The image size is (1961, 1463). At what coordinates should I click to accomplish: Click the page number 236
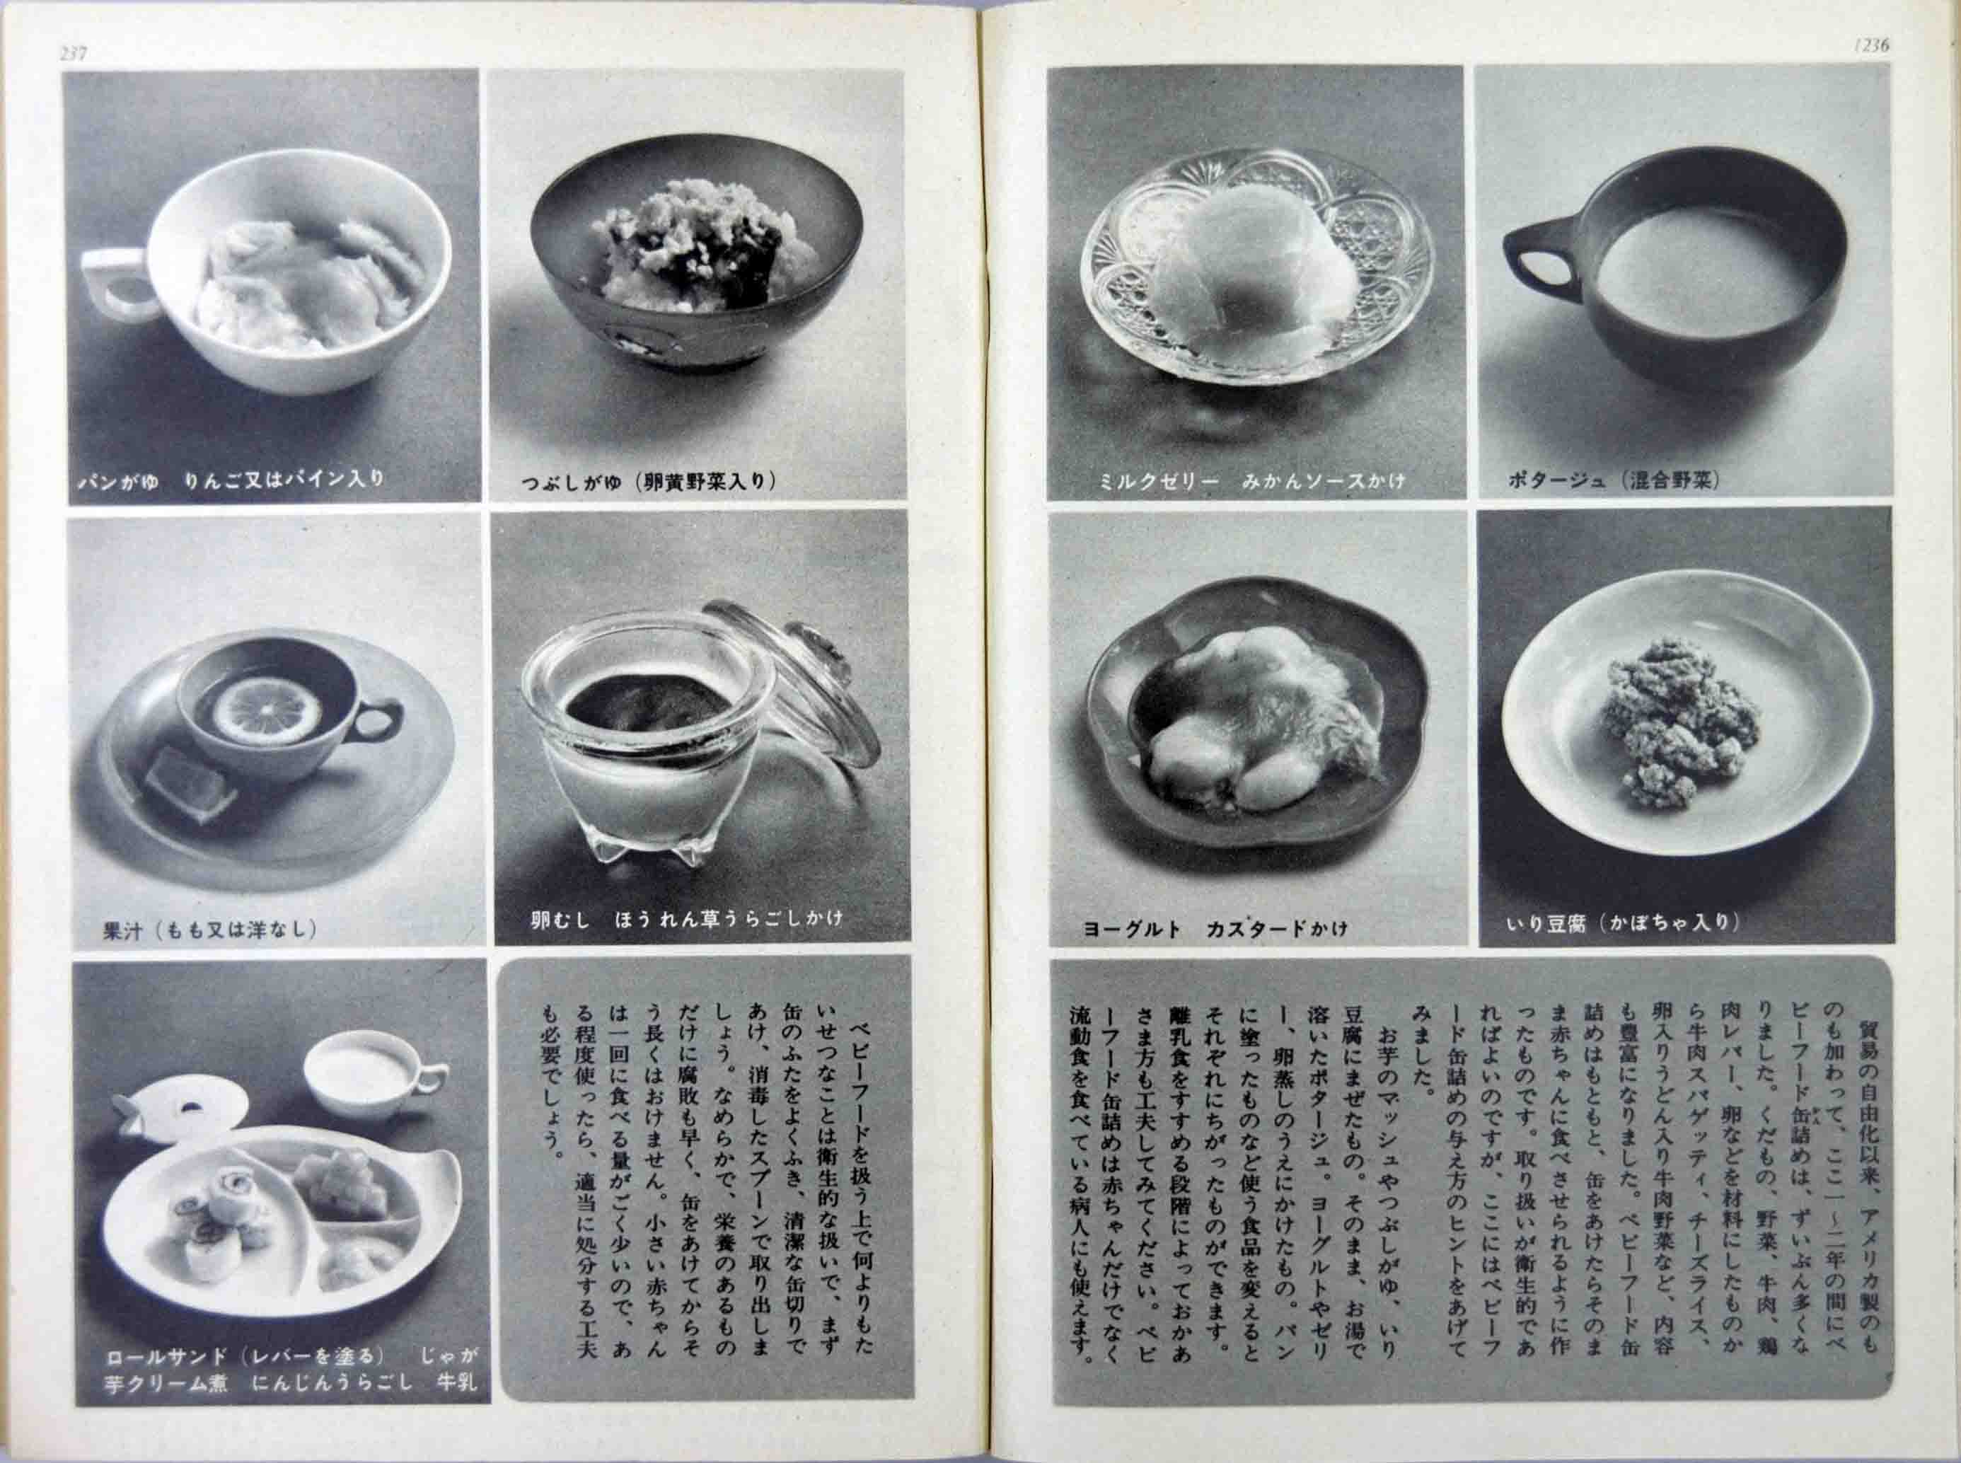pos(1870,47)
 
